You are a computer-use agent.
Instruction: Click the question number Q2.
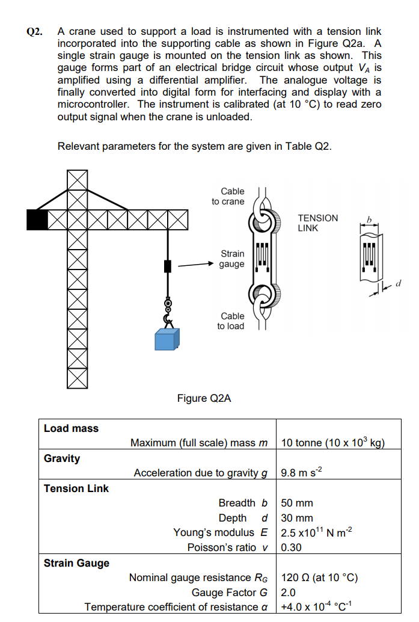(34, 31)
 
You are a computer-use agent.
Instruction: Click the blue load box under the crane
(167, 339)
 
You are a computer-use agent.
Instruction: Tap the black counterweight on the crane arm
(37, 219)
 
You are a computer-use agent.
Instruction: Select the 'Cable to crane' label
(228, 196)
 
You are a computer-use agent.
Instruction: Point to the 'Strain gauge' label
(232, 259)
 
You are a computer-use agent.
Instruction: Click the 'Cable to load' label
(231, 321)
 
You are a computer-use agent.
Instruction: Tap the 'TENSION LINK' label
(317, 223)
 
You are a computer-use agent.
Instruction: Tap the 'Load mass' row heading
(71, 428)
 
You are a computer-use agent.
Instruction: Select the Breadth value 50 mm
(297, 503)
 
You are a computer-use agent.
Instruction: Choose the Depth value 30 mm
(297, 518)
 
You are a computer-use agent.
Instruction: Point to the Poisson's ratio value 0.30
(292, 547)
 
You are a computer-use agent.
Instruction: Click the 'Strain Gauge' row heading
(76, 563)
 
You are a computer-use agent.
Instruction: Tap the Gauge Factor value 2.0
(289, 593)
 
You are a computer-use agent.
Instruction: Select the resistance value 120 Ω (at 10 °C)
(319, 578)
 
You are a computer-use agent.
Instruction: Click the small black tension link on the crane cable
(168, 265)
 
